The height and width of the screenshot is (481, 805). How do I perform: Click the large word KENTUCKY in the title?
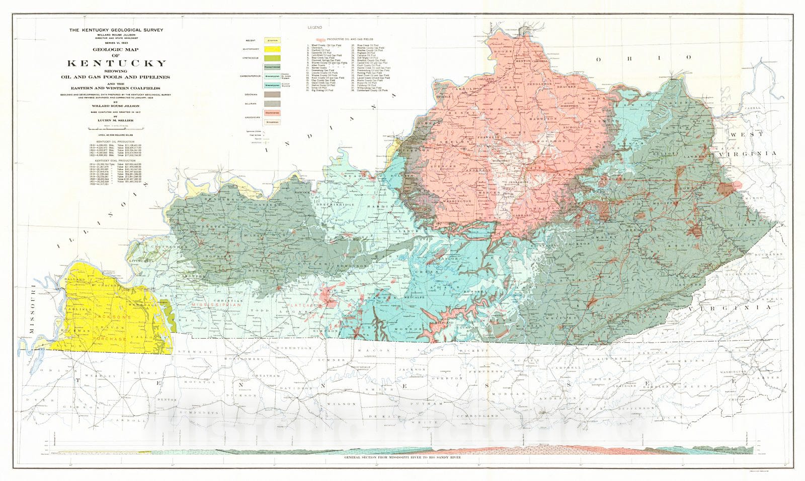click(x=117, y=63)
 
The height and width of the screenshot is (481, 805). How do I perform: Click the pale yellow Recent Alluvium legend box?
click(x=272, y=40)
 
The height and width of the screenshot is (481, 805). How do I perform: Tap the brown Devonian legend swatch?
click(x=272, y=94)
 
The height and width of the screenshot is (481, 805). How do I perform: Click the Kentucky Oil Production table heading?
click(x=116, y=141)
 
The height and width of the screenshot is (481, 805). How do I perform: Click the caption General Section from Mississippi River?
click(x=403, y=458)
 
